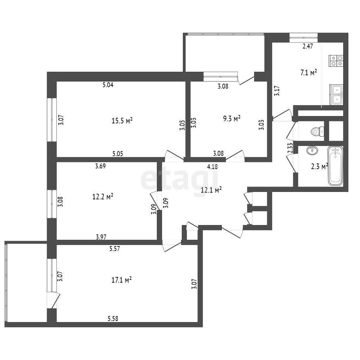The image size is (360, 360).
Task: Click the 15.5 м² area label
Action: point(122,121)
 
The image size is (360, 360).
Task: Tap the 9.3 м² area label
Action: point(232,118)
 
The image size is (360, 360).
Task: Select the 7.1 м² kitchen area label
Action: point(309,73)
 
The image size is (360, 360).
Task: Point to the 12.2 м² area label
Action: point(103,197)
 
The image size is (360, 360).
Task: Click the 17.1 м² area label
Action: point(121,280)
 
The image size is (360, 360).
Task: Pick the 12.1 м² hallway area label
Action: point(211,190)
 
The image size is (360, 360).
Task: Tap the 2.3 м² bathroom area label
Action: point(319,166)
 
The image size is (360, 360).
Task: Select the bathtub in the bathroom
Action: point(335,166)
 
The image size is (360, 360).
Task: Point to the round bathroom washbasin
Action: point(312,150)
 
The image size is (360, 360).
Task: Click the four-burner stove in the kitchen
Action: point(336,61)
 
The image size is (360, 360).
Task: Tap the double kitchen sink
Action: point(336,95)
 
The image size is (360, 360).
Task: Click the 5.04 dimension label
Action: point(108,85)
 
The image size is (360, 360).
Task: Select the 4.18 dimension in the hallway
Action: point(212,167)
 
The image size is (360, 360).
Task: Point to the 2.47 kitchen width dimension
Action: point(308,46)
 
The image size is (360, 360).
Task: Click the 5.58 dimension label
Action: point(113,319)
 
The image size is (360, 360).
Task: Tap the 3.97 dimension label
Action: point(101,237)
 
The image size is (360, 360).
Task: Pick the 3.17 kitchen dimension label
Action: point(277,91)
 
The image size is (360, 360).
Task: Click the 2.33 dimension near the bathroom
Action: point(290,148)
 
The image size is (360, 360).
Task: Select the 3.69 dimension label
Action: point(101,166)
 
